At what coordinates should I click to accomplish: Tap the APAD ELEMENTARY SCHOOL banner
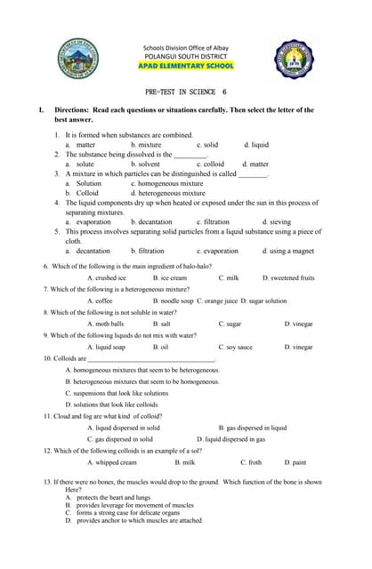[186, 66]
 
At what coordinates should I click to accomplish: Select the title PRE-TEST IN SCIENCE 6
[185, 92]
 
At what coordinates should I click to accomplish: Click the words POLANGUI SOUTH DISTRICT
[186, 55]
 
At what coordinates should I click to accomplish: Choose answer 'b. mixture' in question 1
[146, 144]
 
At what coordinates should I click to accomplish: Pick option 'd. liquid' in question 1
[256, 144]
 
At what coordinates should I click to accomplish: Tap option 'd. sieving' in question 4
[276, 221]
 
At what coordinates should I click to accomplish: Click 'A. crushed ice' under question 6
[107, 278]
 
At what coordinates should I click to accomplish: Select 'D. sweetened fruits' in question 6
[288, 278]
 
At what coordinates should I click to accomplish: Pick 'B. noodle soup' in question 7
[173, 301]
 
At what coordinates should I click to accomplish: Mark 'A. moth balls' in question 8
[106, 325]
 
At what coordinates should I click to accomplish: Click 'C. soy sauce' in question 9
[236, 347]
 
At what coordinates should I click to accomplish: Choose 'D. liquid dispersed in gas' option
[231, 438]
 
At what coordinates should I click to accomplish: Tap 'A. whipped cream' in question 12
[111, 462]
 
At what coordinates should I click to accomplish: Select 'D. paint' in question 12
[295, 462]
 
